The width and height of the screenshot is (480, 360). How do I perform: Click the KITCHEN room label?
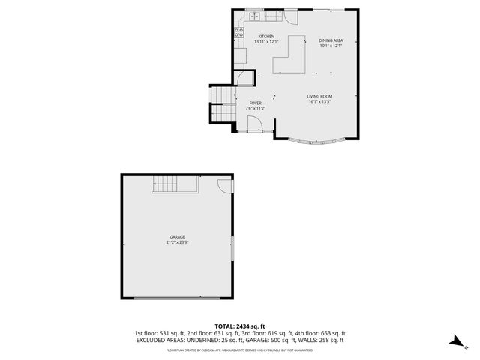[266, 37]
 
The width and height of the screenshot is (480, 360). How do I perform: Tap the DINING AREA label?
[331, 40]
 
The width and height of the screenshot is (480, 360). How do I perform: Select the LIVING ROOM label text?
[319, 97]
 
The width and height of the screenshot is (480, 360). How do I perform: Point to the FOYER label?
[256, 103]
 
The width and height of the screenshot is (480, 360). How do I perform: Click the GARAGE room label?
[177, 237]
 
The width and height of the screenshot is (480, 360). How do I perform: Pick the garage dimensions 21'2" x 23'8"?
[177, 242]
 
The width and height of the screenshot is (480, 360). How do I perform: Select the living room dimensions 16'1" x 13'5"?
[319, 102]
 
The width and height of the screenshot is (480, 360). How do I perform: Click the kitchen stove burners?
[239, 32]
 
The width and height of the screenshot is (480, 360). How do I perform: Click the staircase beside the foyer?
[223, 103]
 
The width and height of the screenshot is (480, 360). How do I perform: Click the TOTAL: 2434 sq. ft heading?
[240, 326]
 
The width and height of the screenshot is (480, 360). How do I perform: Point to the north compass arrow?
[454, 342]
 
